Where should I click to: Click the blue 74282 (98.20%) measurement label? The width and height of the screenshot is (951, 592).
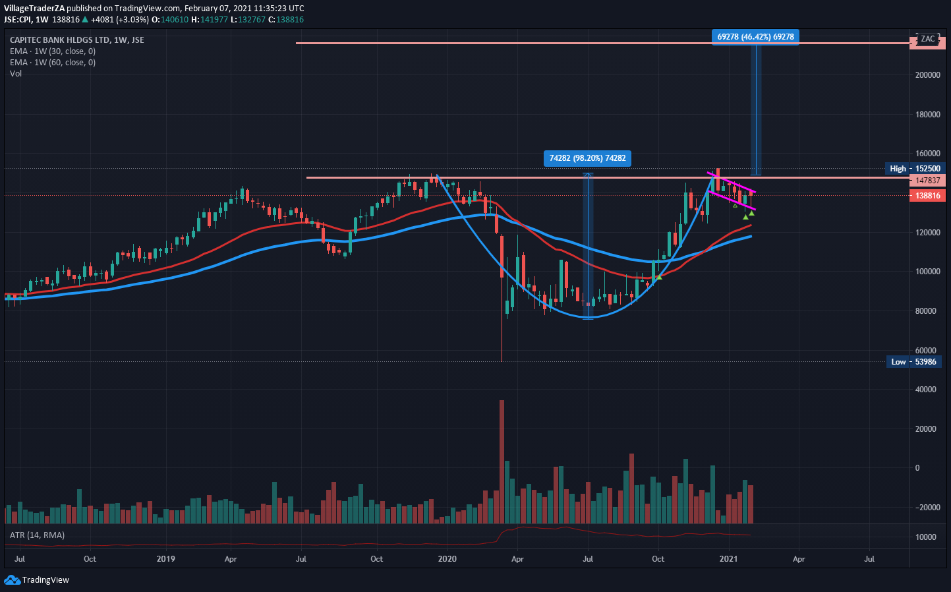pos(587,158)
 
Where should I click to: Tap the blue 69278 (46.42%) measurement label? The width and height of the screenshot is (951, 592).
pos(755,37)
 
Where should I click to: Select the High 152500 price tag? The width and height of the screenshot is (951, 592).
pos(915,169)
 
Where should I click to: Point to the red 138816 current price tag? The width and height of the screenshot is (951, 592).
pos(927,196)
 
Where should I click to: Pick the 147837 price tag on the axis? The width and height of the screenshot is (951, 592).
pos(927,181)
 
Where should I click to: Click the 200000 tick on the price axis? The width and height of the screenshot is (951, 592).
pos(927,75)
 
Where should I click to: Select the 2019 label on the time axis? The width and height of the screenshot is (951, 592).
pos(166,559)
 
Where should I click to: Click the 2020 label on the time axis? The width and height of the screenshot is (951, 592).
pos(447,559)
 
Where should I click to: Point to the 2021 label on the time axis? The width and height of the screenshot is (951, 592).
pos(728,559)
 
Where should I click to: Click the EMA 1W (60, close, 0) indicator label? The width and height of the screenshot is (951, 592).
pos(53,63)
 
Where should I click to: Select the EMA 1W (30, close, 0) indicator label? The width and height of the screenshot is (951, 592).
pos(53,51)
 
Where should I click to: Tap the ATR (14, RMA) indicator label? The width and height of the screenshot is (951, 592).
pos(37,535)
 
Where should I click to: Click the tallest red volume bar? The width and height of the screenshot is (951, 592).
pos(502,461)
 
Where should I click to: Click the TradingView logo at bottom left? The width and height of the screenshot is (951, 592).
pos(37,580)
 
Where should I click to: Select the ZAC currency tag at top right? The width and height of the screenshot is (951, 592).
pos(927,39)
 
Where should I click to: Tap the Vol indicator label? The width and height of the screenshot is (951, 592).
pos(16,74)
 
